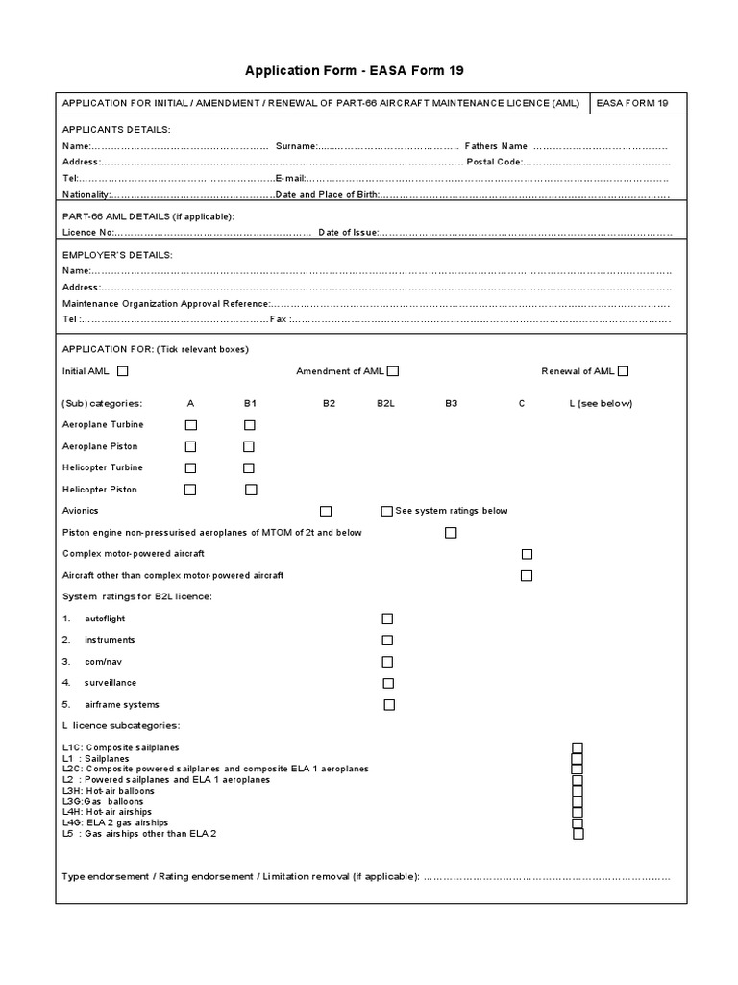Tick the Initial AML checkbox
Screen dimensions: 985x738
122,371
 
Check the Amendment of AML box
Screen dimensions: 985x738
393,371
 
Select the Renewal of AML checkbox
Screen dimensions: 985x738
624,371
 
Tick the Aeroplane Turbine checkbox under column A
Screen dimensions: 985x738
190,424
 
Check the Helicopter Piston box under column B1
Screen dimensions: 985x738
251,490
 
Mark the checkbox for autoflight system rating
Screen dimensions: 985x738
387,619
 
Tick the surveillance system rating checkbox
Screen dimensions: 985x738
388,683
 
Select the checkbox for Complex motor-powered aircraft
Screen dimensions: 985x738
527,554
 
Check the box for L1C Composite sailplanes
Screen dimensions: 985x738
578,747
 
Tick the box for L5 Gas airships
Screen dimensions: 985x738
578,834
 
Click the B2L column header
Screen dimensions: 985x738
387,403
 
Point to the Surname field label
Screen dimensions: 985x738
296,146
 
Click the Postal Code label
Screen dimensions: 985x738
494,162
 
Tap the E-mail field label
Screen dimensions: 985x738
290,179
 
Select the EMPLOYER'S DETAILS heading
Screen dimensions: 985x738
117,255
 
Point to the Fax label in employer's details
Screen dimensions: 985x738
279,319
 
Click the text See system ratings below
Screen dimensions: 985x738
451,511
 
